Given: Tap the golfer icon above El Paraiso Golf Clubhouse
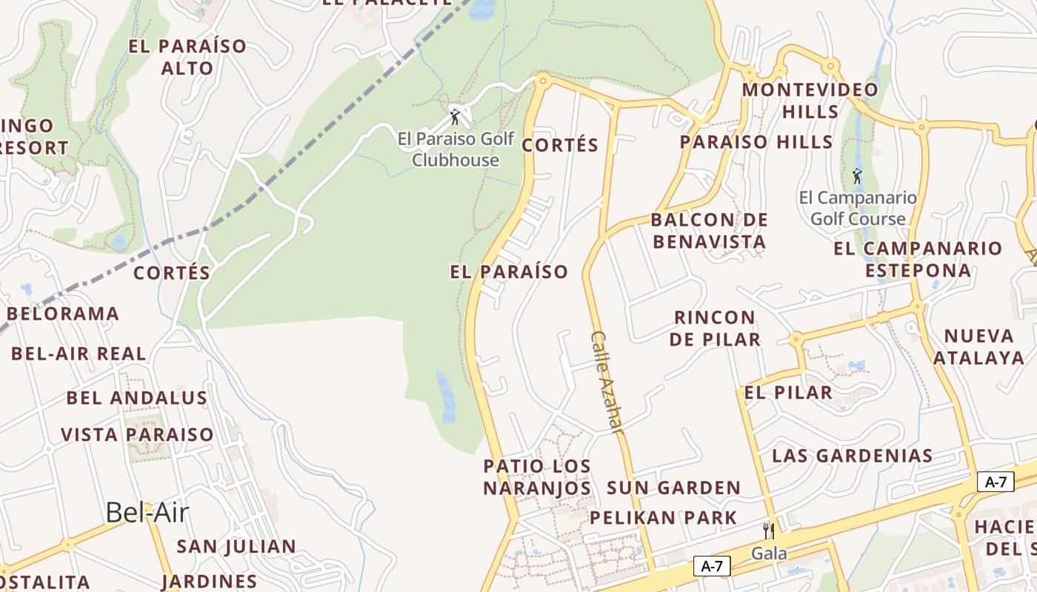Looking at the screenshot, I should click(x=455, y=117).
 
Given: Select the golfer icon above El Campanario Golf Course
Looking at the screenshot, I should click(x=857, y=176).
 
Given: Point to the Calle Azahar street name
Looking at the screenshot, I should click(x=607, y=381).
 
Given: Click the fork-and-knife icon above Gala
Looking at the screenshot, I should click(x=769, y=531).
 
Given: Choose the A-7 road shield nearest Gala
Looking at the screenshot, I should click(x=712, y=567).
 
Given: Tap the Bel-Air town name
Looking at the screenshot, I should click(x=147, y=512).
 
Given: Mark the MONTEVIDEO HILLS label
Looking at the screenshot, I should click(x=810, y=101).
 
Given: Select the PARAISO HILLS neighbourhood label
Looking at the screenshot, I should click(x=756, y=142).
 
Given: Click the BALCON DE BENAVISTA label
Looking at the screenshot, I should click(x=709, y=231).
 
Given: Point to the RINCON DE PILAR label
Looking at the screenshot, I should click(x=715, y=329).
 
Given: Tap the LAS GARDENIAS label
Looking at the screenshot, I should click(x=852, y=456).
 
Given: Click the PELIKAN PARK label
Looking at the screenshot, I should click(x=663, y=518).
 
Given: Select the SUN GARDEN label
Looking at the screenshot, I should click(x=673, y=488).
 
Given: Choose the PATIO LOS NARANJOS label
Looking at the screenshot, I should click(x=537, y=477).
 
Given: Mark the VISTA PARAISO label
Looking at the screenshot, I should click(x=137, y=434).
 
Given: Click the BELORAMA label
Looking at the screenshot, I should click(x=63, y=314).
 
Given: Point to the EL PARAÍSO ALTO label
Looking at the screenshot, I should click(x=187, y=57).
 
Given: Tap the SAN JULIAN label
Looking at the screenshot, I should click(x=236, y=547).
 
